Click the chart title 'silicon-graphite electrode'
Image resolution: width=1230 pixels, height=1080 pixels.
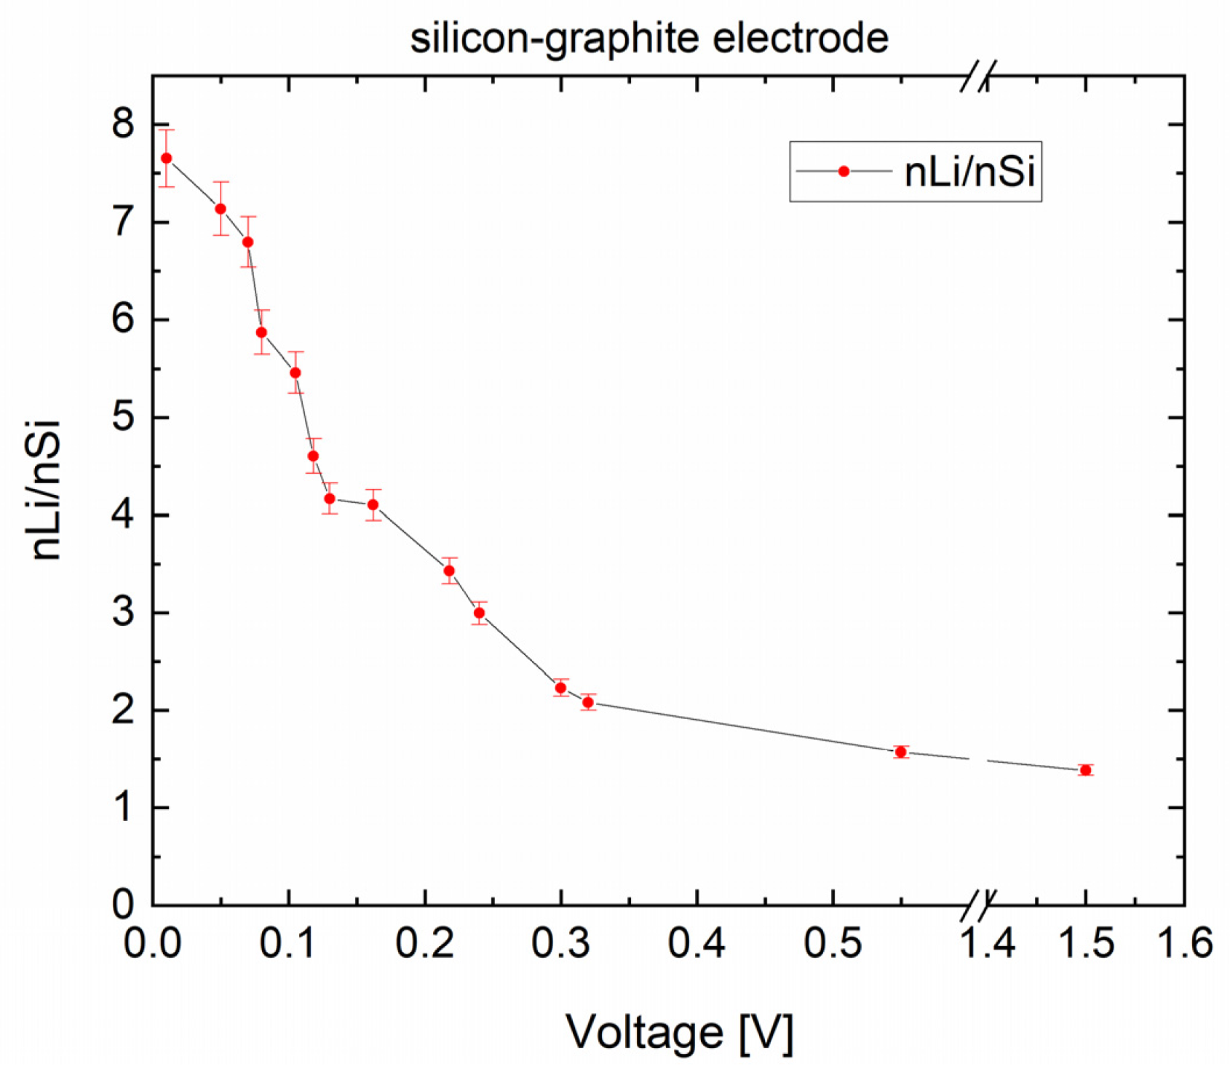[x=649, y=38]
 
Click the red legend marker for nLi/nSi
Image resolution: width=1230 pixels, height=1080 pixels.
[x=844, y=172]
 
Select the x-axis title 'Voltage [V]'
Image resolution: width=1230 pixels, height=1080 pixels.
[x=680, y=1032]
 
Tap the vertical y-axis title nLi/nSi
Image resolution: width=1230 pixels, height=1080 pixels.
[x=45, y=491]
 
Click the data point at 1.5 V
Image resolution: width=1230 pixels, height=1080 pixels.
[x=1086, y=770]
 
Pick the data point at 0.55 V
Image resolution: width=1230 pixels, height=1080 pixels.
[x=901, y=752]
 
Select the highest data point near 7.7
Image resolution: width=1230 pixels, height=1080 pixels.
[x=167, y=158]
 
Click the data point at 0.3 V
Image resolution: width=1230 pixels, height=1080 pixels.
[x=560, y=688]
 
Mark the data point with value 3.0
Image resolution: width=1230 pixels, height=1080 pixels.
[x=479, y=613]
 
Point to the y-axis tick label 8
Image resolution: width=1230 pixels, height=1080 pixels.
[x=124, y=124]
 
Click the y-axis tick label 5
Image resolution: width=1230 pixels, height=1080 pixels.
[x=124, y=418]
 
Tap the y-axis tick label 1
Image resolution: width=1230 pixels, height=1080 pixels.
[x=124, y=807]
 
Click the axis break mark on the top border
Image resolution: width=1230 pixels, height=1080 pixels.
[x=978, y=76]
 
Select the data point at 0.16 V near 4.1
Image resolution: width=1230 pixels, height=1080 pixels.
[x=373, y=504]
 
